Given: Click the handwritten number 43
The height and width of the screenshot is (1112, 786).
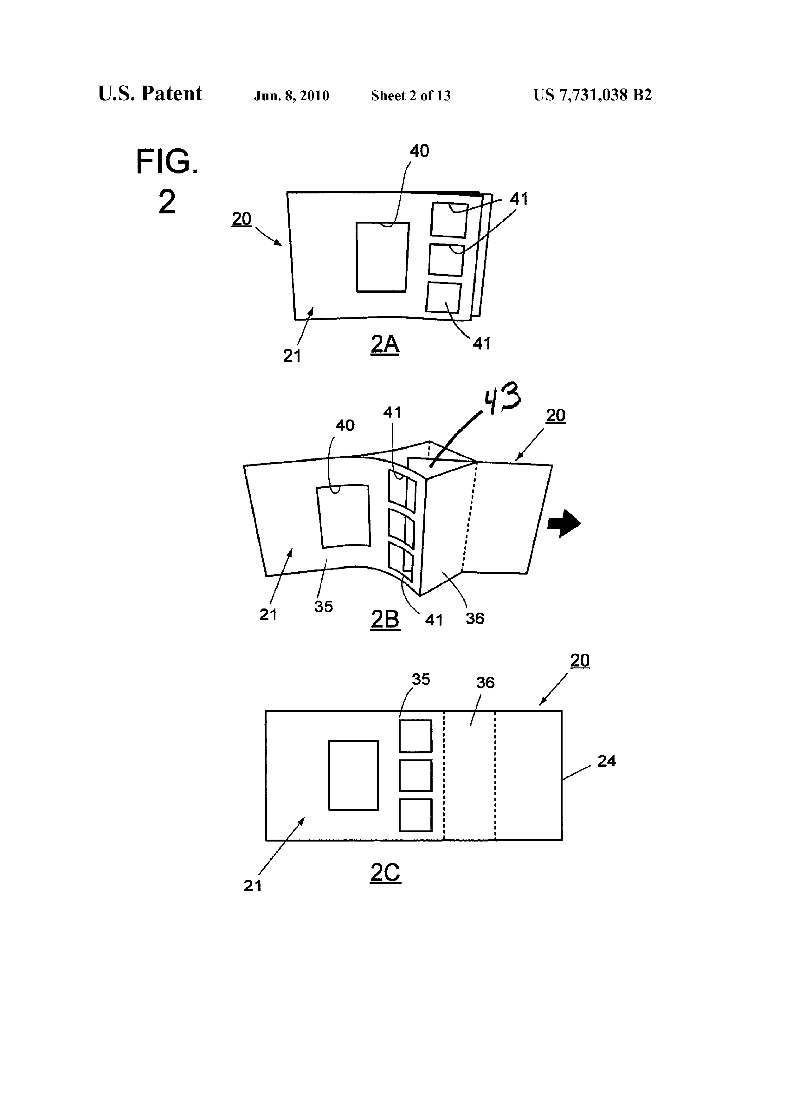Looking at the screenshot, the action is (x=503, y=398).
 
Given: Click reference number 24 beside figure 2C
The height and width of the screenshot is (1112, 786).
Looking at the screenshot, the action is (x=606, y=761).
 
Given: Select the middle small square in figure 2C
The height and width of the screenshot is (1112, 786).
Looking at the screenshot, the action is (x=415, y=775).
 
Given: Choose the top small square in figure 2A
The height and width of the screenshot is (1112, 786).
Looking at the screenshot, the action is (x=450, y=220).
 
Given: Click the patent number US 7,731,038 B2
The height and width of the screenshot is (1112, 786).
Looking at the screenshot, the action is (x=592, y=95).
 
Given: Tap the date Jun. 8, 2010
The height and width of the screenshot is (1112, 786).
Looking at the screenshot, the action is (x=291, y=96).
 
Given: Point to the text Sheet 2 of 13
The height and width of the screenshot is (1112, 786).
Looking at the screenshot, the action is (x=411, y=96).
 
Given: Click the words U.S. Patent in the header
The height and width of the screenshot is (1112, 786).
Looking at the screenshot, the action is (x=150, y=94).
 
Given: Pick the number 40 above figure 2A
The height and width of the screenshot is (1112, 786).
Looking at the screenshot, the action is (x=420, y=151).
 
